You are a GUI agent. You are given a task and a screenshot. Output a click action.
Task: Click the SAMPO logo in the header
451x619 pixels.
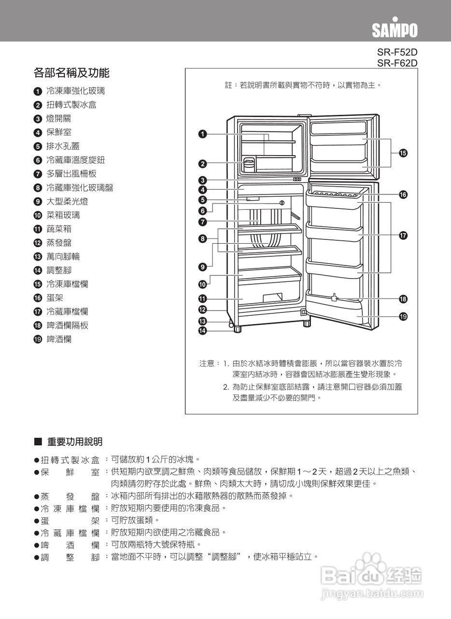[394, 29]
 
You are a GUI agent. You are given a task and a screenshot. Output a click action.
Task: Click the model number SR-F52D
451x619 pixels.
[397, 52]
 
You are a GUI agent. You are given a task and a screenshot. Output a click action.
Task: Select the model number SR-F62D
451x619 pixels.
[397, 62]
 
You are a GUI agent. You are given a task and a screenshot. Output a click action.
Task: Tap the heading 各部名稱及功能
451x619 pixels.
[71, 73]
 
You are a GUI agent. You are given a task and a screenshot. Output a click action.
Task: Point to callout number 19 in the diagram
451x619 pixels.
[402, 317]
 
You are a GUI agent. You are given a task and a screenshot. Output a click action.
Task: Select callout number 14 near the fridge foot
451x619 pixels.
[203, 331]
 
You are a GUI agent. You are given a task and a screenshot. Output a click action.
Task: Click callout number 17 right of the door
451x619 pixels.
[402, 236]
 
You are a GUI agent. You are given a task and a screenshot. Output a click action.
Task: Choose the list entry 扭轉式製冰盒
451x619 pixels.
[71, 105]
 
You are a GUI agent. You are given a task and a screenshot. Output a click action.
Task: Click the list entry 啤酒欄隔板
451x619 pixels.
[67, 325]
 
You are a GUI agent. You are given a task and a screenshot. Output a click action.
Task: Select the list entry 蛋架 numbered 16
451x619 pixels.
[55, 298]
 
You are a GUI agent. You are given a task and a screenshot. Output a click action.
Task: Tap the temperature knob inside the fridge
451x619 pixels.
[282, 203]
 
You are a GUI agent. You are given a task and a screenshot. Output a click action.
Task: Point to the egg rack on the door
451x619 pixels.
[334, 194]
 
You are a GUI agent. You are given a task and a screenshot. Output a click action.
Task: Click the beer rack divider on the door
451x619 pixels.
[334, 298]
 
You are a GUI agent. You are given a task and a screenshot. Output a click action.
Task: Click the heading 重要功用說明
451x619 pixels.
[74, 442]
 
